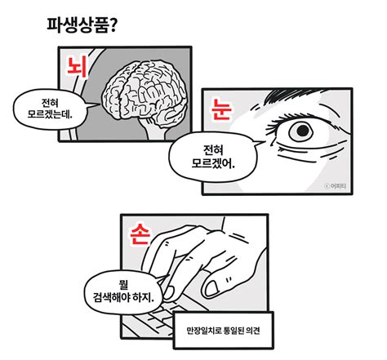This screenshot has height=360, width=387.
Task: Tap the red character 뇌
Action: (80, 64)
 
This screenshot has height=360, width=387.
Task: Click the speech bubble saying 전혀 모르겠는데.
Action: (51, 109)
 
